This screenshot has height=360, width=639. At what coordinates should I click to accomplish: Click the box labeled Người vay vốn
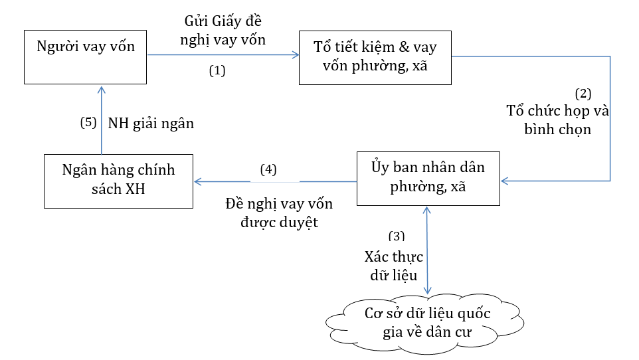pyautogui.click(x=85, y=56)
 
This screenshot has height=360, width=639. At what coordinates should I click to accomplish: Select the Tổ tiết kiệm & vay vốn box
pyautogui.click(x=375, y=57)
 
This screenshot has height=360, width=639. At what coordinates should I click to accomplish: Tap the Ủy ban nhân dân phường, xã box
pyautogui.click(x=428, y=177)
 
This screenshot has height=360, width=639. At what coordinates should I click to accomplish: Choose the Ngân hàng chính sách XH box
pyautogui.click(x=119, y=180)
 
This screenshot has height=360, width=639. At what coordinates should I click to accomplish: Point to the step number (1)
pyautogui.click(x=218, y=70)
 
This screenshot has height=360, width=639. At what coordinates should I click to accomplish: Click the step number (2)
pyautogui.click(x=583, y=93)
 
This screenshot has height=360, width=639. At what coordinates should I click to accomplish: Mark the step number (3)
pyautogui.click(x=396, y=235)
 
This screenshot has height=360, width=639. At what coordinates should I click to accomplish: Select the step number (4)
pyautogui.click(x=268, y=169)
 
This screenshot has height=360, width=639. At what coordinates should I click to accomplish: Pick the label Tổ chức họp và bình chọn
pyautogui.click(x=558, y=120)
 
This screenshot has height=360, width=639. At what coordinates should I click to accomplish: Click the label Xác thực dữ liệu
pyautogui.click(x=394, y=266)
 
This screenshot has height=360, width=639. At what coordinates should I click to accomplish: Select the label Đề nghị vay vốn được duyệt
pyautogui.click(x=279, y=213)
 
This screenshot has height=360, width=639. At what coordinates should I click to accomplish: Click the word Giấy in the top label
pyautogui.click(x=225, y=21)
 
